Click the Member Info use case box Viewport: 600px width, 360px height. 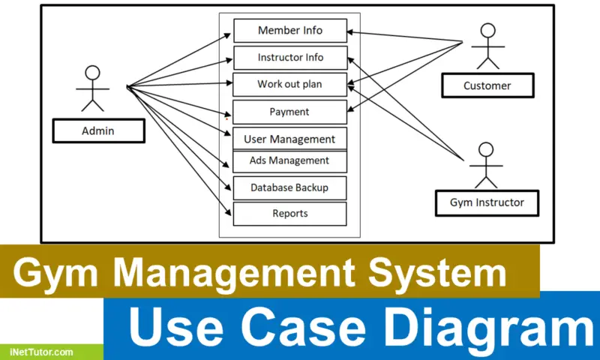point(289,31)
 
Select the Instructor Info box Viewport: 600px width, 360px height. point(289,58)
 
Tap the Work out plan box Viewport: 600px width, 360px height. point(289,85)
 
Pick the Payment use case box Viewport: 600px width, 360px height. point(289,112)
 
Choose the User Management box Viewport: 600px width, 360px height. point(289,139)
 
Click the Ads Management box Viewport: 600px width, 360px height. point(289,160)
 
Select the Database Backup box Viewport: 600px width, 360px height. point(289,187)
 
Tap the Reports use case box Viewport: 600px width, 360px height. point(289,214)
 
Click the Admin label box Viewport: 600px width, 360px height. point(97,131)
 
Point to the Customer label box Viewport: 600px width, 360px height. point(487,85)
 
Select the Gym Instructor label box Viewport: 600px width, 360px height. point(487,202)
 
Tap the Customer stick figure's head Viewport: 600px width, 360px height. point(488,31)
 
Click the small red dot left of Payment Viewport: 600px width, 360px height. point(227,118)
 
